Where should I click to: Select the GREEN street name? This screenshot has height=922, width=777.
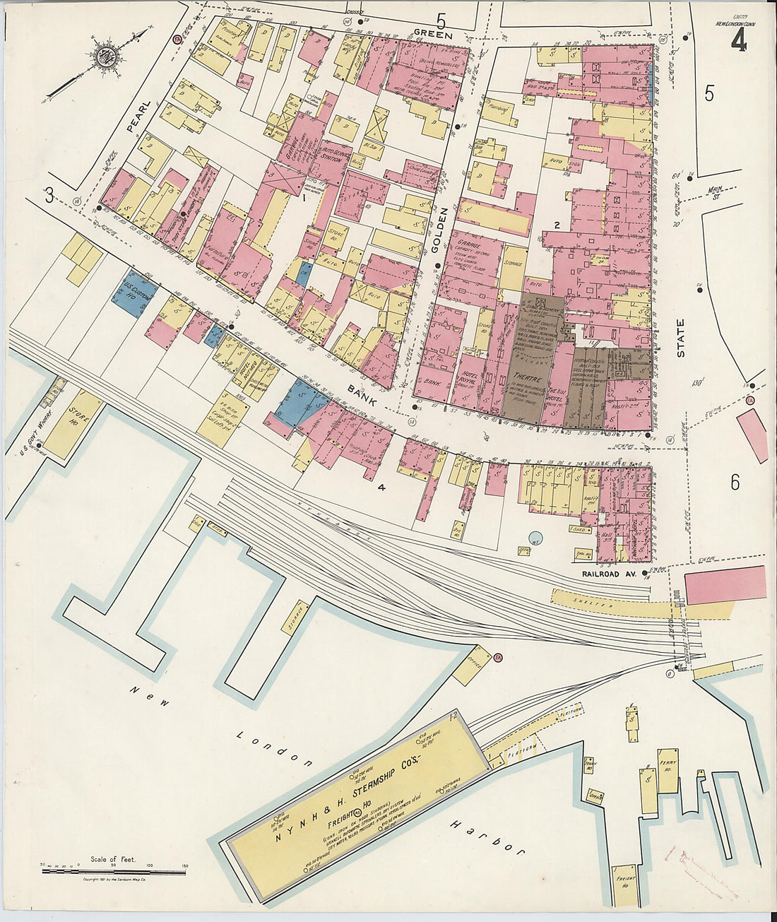pos(428,32)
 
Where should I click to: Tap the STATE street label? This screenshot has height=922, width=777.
pos(681,338)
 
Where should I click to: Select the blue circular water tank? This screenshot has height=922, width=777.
pos(536,538)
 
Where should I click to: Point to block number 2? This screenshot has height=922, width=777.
pos(557,225)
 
